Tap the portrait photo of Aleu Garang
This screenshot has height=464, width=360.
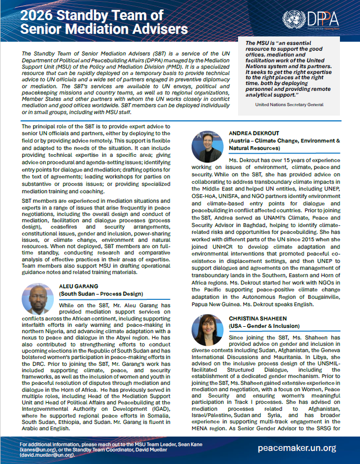[38, 299]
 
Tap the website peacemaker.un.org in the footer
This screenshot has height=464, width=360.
[297, 448]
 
